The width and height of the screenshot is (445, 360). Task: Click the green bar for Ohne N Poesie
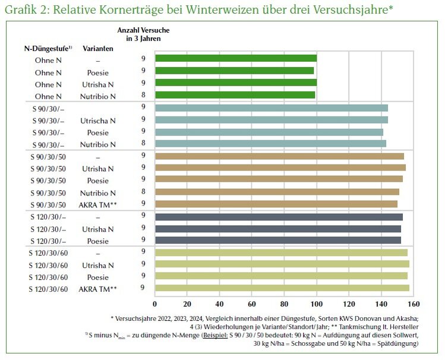234,71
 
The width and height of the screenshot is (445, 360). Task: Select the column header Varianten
97,48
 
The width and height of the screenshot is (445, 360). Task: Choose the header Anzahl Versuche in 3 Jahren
143,34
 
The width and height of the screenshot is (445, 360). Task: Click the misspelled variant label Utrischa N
99,121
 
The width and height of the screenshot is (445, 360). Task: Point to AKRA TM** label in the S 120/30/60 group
99,289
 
